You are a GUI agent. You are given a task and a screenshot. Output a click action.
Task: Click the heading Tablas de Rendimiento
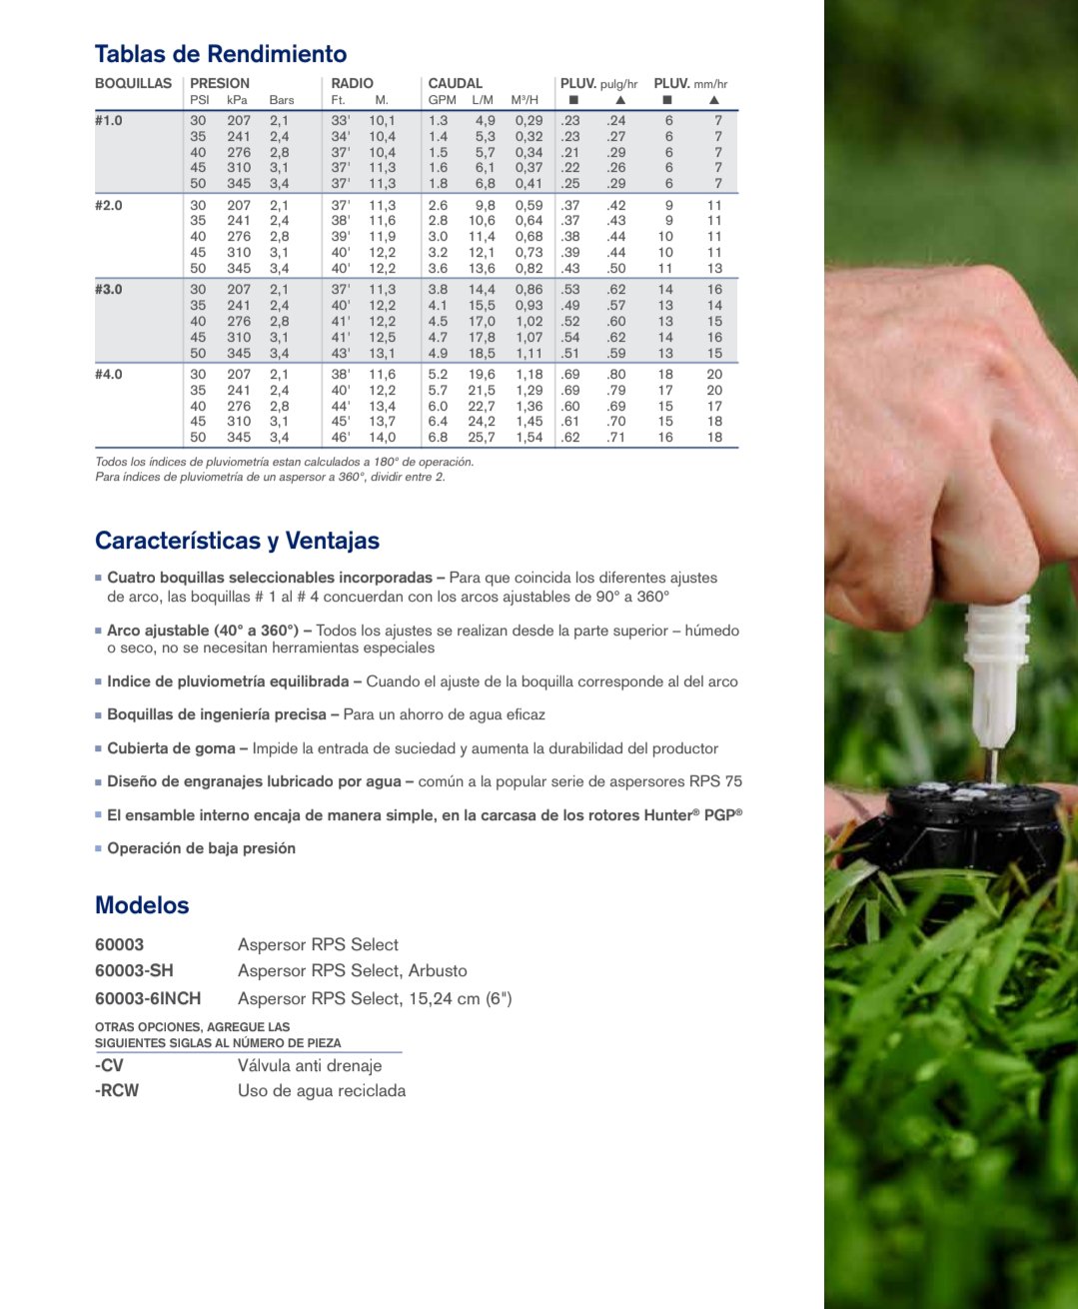(221, 54)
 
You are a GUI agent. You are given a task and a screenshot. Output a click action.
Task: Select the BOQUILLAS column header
(133, 83)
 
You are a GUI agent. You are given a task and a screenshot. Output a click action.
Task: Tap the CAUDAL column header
(455, 83)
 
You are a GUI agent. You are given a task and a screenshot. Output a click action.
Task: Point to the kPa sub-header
(237, 100)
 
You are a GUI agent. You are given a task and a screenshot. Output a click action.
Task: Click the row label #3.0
(109, 289)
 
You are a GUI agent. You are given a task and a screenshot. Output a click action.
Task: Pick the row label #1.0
(109, 120)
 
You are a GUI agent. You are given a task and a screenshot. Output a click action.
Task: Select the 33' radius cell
(341, 120)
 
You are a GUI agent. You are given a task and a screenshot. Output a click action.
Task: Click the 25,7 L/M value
(482, 437)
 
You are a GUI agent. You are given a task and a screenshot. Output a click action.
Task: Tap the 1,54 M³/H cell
(529, 437)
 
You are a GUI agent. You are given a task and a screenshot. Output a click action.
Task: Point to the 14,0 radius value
(382, 437)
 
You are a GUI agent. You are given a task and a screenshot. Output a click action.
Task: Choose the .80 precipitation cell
(616, 374)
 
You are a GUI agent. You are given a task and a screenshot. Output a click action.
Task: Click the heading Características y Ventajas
(237, 541)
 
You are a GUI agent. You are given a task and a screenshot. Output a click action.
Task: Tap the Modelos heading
(142, 905)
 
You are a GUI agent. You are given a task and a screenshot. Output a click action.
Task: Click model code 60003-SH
(134, 970)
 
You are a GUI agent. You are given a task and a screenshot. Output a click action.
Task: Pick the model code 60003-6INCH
(148, 998)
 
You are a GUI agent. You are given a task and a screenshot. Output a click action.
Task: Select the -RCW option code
(117, 1090)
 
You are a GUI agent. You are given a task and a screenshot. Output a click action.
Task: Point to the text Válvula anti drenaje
(310, 1065)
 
